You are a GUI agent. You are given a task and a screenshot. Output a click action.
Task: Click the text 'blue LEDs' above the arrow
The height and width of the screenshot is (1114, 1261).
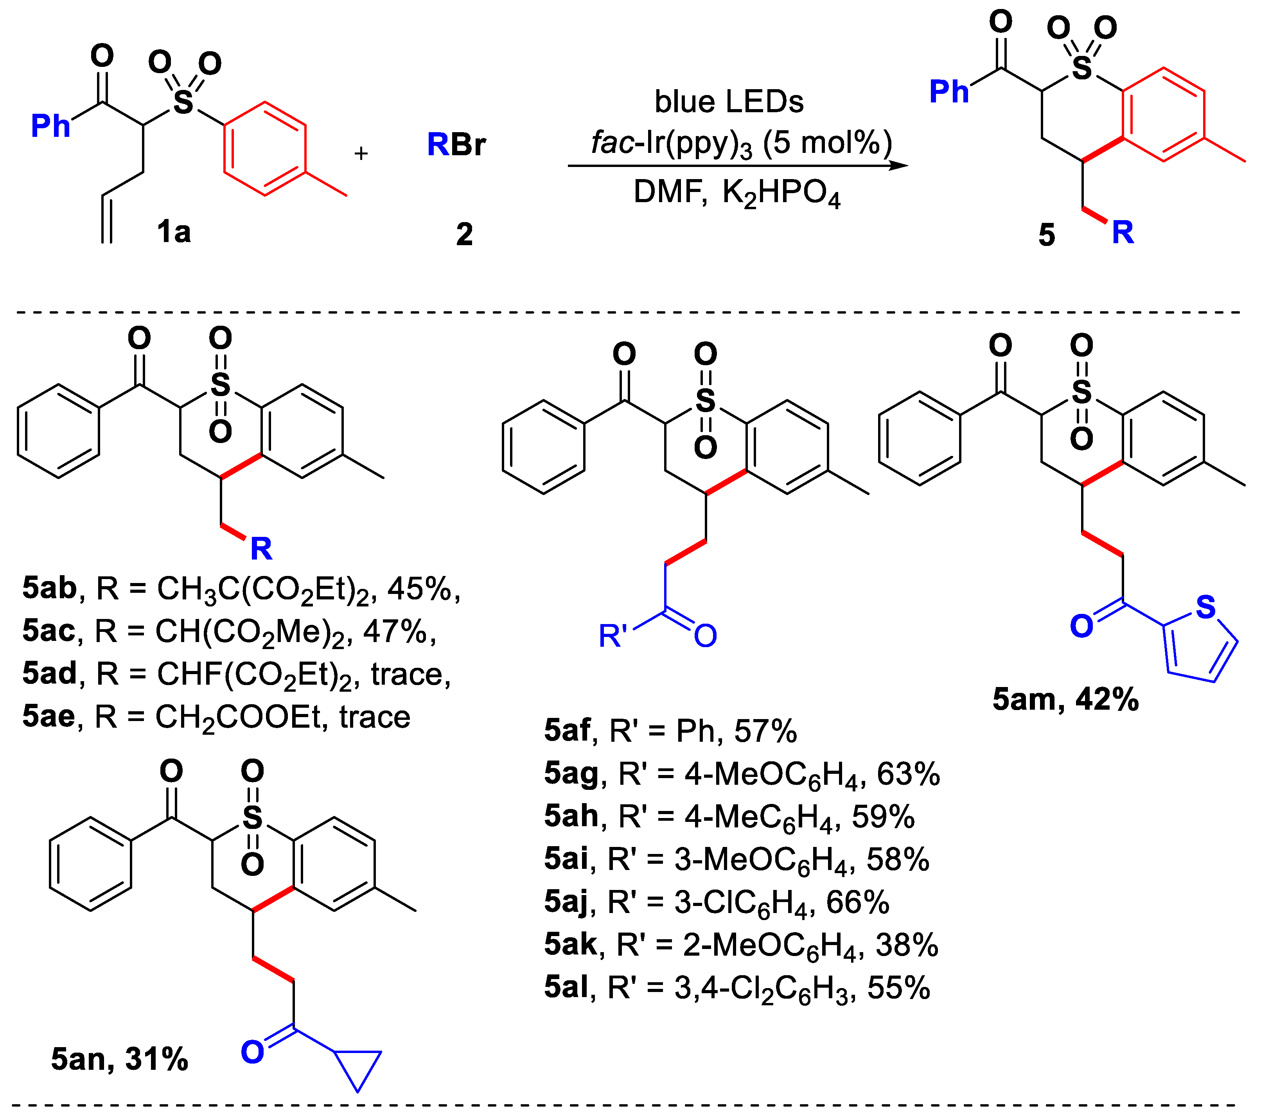click(729, 102)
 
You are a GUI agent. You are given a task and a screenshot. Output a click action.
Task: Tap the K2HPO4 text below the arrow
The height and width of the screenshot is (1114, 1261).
click(781, 193)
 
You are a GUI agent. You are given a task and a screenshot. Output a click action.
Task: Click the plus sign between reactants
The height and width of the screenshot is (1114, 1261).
click(361, 153)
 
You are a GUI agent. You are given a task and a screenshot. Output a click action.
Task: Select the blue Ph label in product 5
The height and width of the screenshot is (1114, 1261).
click(949, 92)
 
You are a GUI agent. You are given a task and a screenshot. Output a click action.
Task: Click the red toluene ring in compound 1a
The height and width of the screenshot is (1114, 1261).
click(265, 149)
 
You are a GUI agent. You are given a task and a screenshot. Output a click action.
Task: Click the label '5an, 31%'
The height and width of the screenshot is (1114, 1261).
click(119, 1059)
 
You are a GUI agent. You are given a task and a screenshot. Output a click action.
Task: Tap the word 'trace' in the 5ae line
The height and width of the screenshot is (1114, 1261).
click(374, 717)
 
